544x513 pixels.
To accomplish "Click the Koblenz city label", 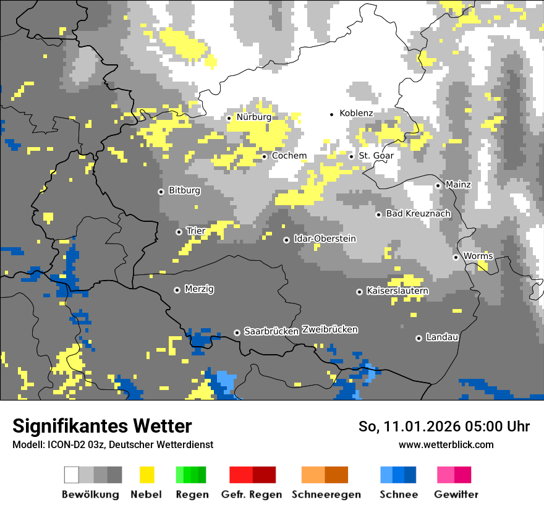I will click(x=356, y=114).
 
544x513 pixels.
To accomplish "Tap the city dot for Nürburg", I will click(x=229, y=117).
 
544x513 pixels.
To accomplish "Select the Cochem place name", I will click(x=289, y=156).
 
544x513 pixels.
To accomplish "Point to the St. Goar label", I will click(x=376, y=156).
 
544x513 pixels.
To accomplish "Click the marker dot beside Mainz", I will click(x=438, y=185).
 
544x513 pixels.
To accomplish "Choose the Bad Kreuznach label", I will click(x=418, y=214).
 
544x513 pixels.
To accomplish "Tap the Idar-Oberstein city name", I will click(x=325, y=239).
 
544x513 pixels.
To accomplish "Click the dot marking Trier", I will click(x=179, y=232).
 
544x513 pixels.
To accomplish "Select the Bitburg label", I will click(x=184, y=191).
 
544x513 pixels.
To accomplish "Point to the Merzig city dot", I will click(x=177, y=289).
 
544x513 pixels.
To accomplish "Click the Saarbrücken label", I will click(x=271, y=332).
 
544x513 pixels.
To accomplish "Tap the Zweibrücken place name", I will click(x=329, y=329).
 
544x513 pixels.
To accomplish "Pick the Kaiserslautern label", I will click(x=397, y=290).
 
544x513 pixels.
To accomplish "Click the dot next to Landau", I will click(x=419, y=337).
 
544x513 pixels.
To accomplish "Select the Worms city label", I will click(x=478, y=256).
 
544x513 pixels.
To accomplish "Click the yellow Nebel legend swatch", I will click(x=147, y=475).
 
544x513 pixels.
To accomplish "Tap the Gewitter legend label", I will click(x=456, y=494).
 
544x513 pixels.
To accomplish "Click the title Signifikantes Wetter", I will click(x=102, y=426).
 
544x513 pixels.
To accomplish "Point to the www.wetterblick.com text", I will click(x=446, y=445).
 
